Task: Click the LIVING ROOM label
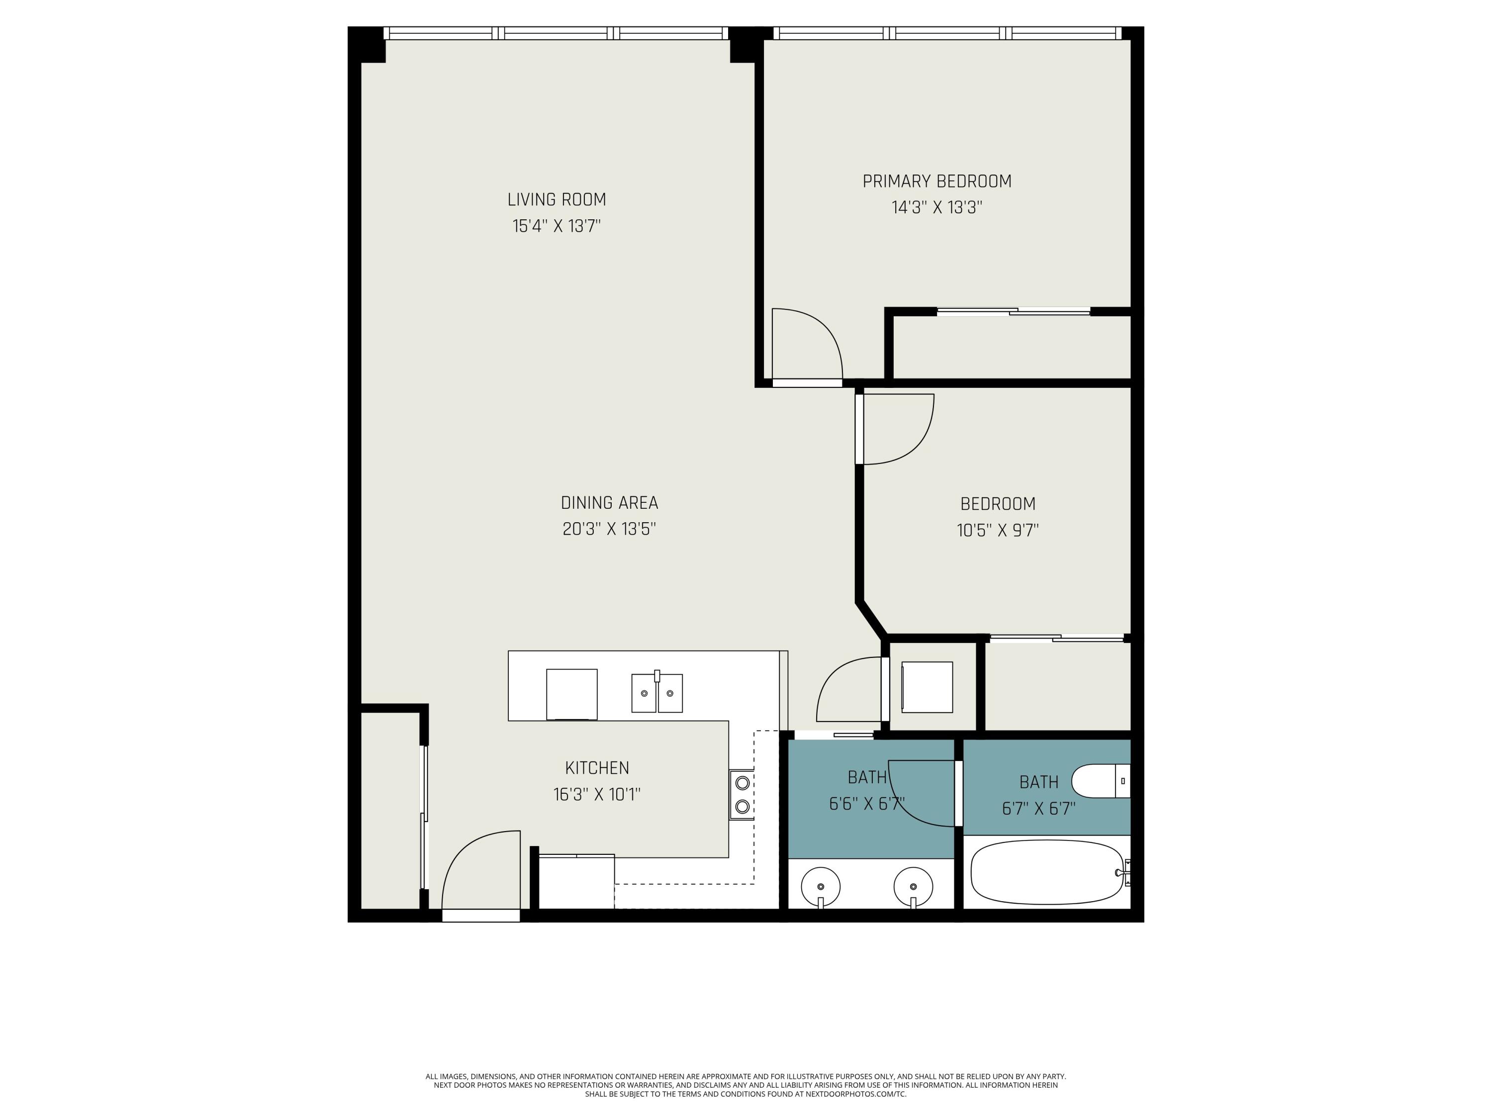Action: (x=557, y=199)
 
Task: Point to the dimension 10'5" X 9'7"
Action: (x=997, y=530)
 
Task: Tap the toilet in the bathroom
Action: (x=1100, y=781)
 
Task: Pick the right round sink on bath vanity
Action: (x=913, y=887)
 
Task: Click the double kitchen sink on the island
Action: (x=656, y=693)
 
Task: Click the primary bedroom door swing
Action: (x=806, y=344)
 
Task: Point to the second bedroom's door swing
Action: (x=897, y=429)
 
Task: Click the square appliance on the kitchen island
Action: (x=571, y=694)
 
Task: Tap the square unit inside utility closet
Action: (x=927, y=687)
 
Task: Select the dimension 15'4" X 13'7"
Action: (x=557, y=226)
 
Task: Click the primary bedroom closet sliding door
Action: (x=1013, y=312)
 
